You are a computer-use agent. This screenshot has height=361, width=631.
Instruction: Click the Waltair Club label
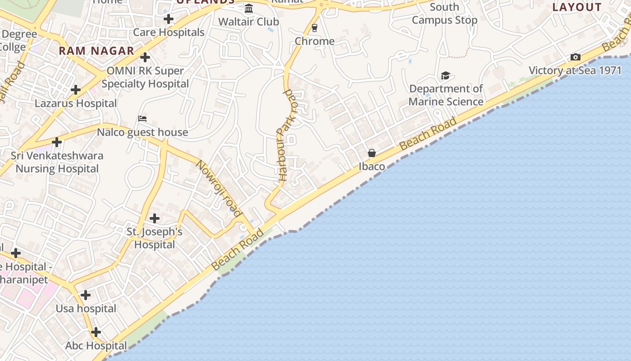tap(248, 22)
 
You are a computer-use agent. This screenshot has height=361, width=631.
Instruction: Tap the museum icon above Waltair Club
tap(249, 9)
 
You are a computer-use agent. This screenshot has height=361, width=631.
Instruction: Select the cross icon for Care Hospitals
tap(169, 19)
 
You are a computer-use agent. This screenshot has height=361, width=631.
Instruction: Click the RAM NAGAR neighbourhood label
tap(96, 51)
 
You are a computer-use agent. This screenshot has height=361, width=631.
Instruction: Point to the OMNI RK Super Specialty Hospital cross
tap(145, 57)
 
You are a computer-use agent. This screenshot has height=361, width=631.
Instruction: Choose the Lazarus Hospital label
tap(76, 103)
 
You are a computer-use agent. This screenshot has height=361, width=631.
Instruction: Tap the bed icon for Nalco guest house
tap(142, 119)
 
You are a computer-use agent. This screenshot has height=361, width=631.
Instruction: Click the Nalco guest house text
tap(142, 132)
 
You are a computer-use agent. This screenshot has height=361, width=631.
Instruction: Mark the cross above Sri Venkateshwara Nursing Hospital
tap(57, 142)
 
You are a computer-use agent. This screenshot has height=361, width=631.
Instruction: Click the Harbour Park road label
tap(286, 135)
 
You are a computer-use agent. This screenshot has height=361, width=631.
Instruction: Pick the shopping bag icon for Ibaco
tap(372, 153)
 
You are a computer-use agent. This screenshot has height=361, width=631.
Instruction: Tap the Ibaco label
tap(372, 167)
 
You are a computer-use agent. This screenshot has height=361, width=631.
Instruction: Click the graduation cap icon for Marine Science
tap(445, 75)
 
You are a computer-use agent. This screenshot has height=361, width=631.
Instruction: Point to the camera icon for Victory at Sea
tap(576, 57)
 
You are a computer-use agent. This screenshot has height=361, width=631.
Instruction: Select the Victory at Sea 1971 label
tap(575, 70)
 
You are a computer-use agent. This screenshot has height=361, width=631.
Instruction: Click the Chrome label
tap(315, 41)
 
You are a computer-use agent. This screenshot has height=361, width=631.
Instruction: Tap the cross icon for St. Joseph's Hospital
tap(155, 218)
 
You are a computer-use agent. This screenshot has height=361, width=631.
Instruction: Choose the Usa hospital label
tap(86, 309)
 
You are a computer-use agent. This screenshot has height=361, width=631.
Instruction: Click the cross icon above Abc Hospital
tap(96, 333)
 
